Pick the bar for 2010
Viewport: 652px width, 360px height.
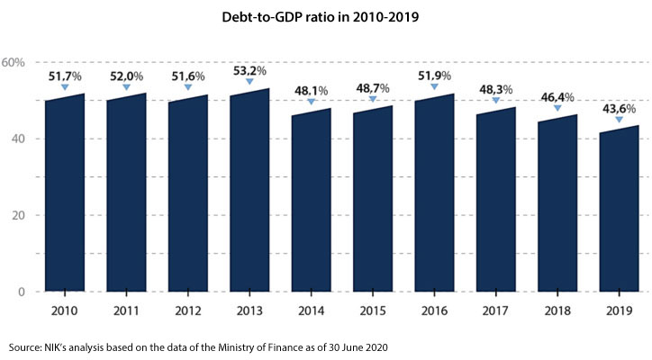point(65,193)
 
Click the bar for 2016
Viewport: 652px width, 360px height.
point(433,193)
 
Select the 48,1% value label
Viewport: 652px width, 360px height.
point(312,90)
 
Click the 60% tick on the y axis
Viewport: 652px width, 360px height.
point(19,62)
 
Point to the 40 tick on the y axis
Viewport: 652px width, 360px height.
point(18,139)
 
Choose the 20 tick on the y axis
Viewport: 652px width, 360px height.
point(18,216)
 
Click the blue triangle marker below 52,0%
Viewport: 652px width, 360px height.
point(127,86)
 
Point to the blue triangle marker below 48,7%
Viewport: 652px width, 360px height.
point(373,99)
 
